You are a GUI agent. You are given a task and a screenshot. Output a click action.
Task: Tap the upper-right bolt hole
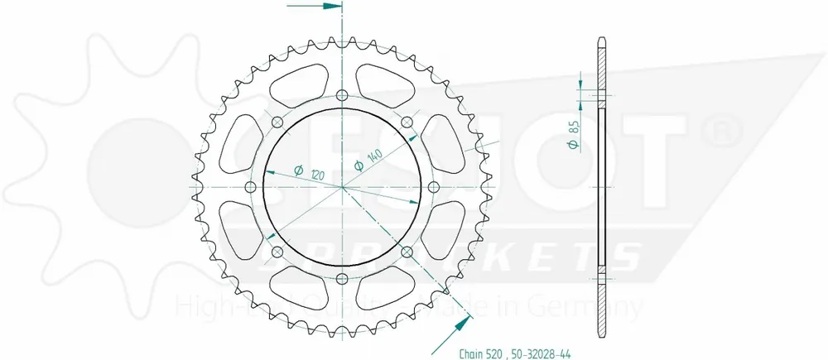pyautogui.click(x=407, y=123)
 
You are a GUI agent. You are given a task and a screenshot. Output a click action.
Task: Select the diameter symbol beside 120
pyautogui.click(x=296, y=170)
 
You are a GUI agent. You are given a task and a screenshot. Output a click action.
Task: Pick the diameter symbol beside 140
pyautogui.click(x=358, y=166)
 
